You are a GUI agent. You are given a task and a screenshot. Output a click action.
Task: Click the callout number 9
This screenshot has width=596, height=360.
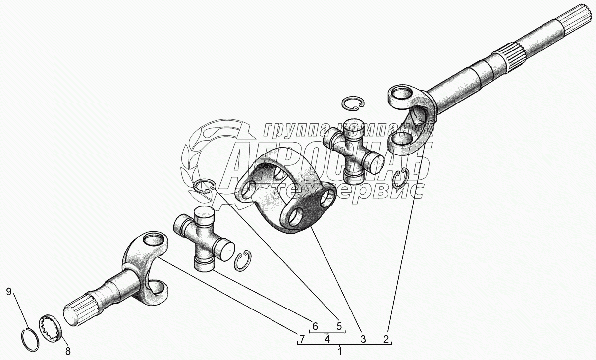click(9, 292)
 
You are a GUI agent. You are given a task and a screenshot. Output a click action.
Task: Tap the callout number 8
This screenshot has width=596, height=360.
click(68, 352)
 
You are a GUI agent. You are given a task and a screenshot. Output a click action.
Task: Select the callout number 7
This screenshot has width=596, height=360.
click(301, 339)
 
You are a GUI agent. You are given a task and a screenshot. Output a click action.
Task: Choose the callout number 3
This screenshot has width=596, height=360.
click(363, 339)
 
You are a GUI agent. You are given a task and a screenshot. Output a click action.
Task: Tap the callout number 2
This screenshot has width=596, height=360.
click(386, 339)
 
